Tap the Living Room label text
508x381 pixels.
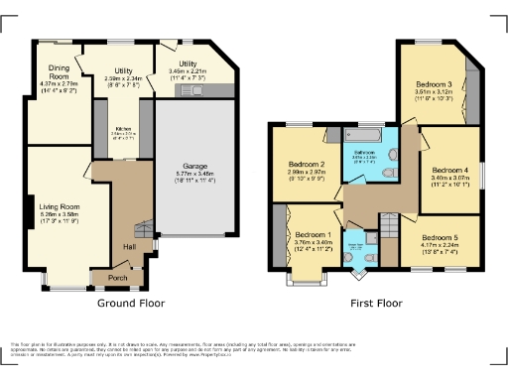[61, 206]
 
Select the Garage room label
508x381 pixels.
[194, 167]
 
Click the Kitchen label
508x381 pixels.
[124, 130]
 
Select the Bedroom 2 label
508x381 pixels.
[307, 164]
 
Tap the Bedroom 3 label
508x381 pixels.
[436, 85]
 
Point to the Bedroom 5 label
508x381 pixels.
[440, 238]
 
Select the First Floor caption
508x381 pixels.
[376, 303]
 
